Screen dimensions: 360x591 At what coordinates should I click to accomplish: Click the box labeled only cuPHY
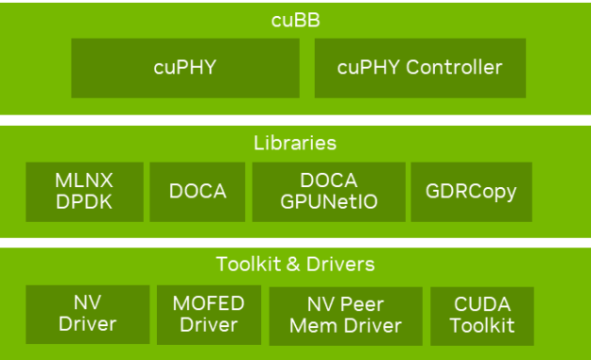click(x=184, y=68)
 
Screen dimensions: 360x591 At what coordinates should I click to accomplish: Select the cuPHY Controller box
click(x=420, y=68)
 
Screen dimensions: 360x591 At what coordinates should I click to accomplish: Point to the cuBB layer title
click(x=295, y=18)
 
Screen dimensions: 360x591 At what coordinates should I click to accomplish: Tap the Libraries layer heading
click(x=295, y=144)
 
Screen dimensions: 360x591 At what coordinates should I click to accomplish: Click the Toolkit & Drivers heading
click(x=295, y=264)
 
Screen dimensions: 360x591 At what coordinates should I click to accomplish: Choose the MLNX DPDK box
click(x=85, y=192)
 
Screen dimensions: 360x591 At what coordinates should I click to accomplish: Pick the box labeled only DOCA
click(x=198, y=192)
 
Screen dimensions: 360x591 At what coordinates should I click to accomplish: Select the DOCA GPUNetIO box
click(x=328, y=192)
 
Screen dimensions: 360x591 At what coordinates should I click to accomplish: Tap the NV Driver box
click(x=87, y=315)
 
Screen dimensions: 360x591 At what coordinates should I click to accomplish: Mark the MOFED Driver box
click(x=208, y=315)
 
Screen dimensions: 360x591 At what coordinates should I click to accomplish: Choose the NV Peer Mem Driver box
click(x=345, y=315)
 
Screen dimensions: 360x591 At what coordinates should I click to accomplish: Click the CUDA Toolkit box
click(x=481, y=315)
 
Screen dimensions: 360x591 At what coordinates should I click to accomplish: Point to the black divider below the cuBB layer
click(x=295, y=120)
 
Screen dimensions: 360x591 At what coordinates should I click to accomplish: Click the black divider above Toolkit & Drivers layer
click(x=295, y=243)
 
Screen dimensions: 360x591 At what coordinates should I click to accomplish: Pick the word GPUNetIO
click(x=328, y=201)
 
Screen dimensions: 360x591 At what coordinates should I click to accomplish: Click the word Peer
click(x=361, y=304)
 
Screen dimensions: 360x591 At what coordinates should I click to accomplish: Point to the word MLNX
click(x=85, y=181)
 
